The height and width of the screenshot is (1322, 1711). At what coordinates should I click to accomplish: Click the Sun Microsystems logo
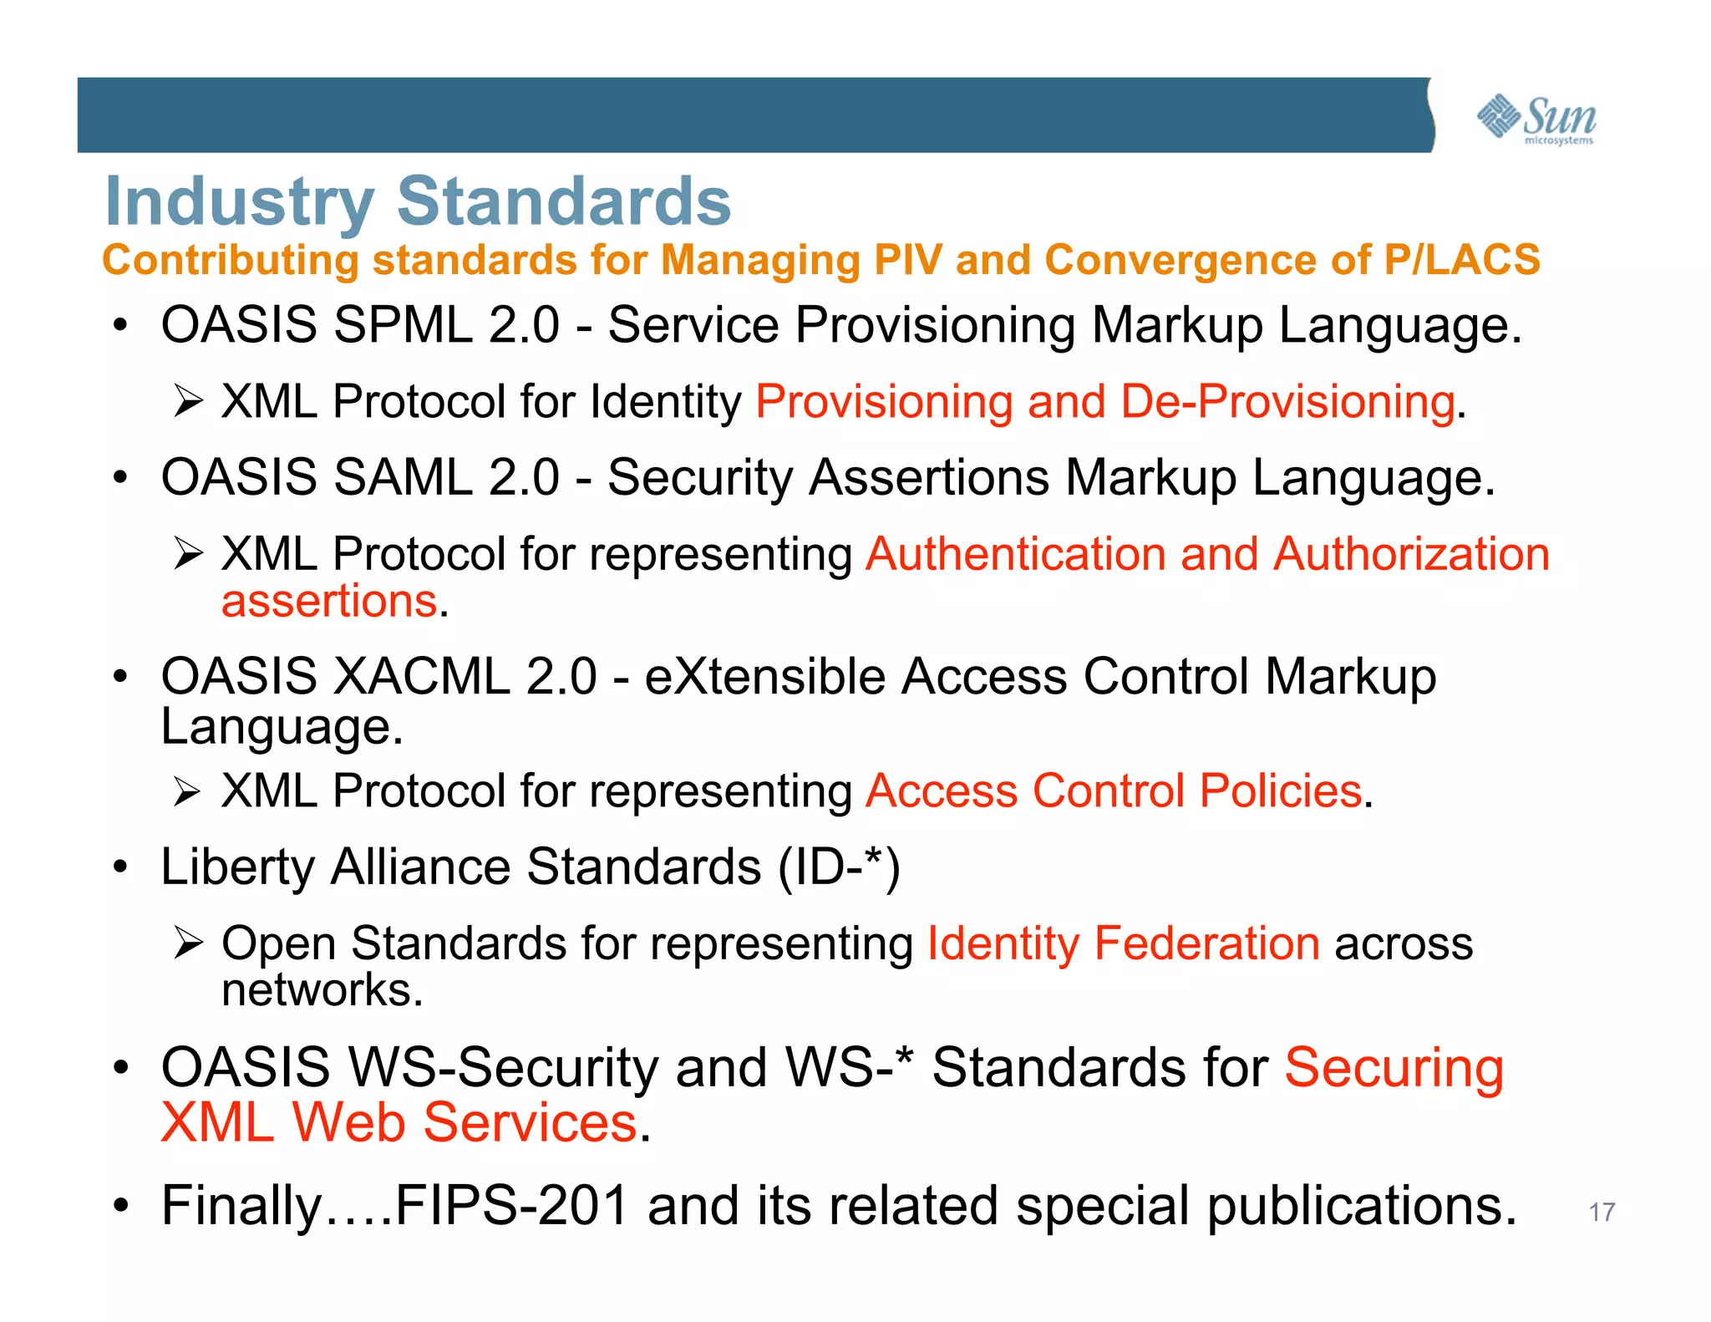[x=1536, y=119]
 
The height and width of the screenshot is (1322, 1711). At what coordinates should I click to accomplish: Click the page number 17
[x=1602, y=1212]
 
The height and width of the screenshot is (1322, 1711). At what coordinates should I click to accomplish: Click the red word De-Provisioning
[x=1287, y=401]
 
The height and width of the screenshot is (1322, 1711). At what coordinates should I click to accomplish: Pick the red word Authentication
[x=1016, y=554]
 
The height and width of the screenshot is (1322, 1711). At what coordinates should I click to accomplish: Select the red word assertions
[x=329, y=601]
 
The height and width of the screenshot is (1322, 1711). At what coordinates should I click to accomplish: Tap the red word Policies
[x=1281, y=791]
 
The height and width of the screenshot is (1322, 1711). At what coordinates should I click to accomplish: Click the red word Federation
[x=1207, y=943]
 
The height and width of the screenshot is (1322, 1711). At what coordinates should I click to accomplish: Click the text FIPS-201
[x=511, y=1206]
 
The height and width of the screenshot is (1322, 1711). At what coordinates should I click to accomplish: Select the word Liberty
[x=238, y=867]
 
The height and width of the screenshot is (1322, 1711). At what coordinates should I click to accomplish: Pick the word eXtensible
[x=765, y=676]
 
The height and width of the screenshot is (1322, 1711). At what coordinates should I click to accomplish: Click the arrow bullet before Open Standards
[x=189, y=943]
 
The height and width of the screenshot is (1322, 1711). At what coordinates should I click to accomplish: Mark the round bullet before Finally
[x=122, y=1206]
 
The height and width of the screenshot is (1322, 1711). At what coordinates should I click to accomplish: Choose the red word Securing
[x=1394, y=1068]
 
